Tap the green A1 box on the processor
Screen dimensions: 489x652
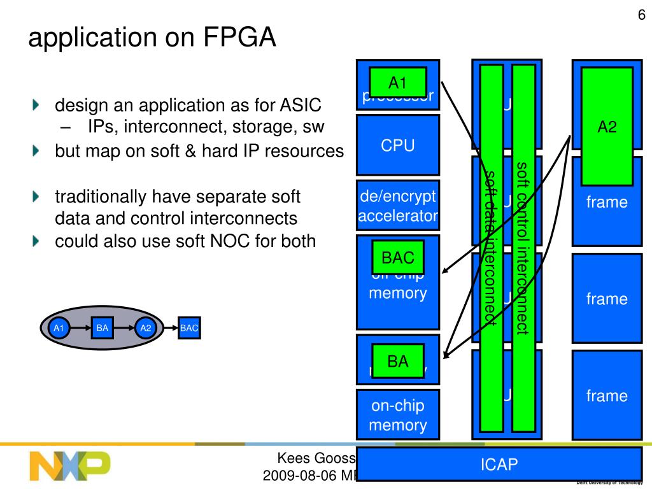[x=397, y=83]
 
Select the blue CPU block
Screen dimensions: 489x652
[x=398, y=145]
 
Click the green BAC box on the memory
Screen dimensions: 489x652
[x=397, y=258]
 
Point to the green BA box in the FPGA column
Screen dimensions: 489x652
[x=397, y=362]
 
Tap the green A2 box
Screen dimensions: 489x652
[x=607, y=127]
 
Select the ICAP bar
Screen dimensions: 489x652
[x=499, y=464]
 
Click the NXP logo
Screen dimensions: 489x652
[x=70, y=466]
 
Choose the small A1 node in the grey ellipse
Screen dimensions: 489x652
[x=59, y=329]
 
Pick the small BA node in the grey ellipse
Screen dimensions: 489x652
[x=103, y=329]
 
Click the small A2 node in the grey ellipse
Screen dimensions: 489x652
[x=146, y=329]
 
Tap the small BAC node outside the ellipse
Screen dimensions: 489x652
[x=189, y=329]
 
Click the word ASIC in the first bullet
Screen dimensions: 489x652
[x=300, y=105]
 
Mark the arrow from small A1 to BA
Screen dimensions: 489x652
[x=80, y=329]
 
